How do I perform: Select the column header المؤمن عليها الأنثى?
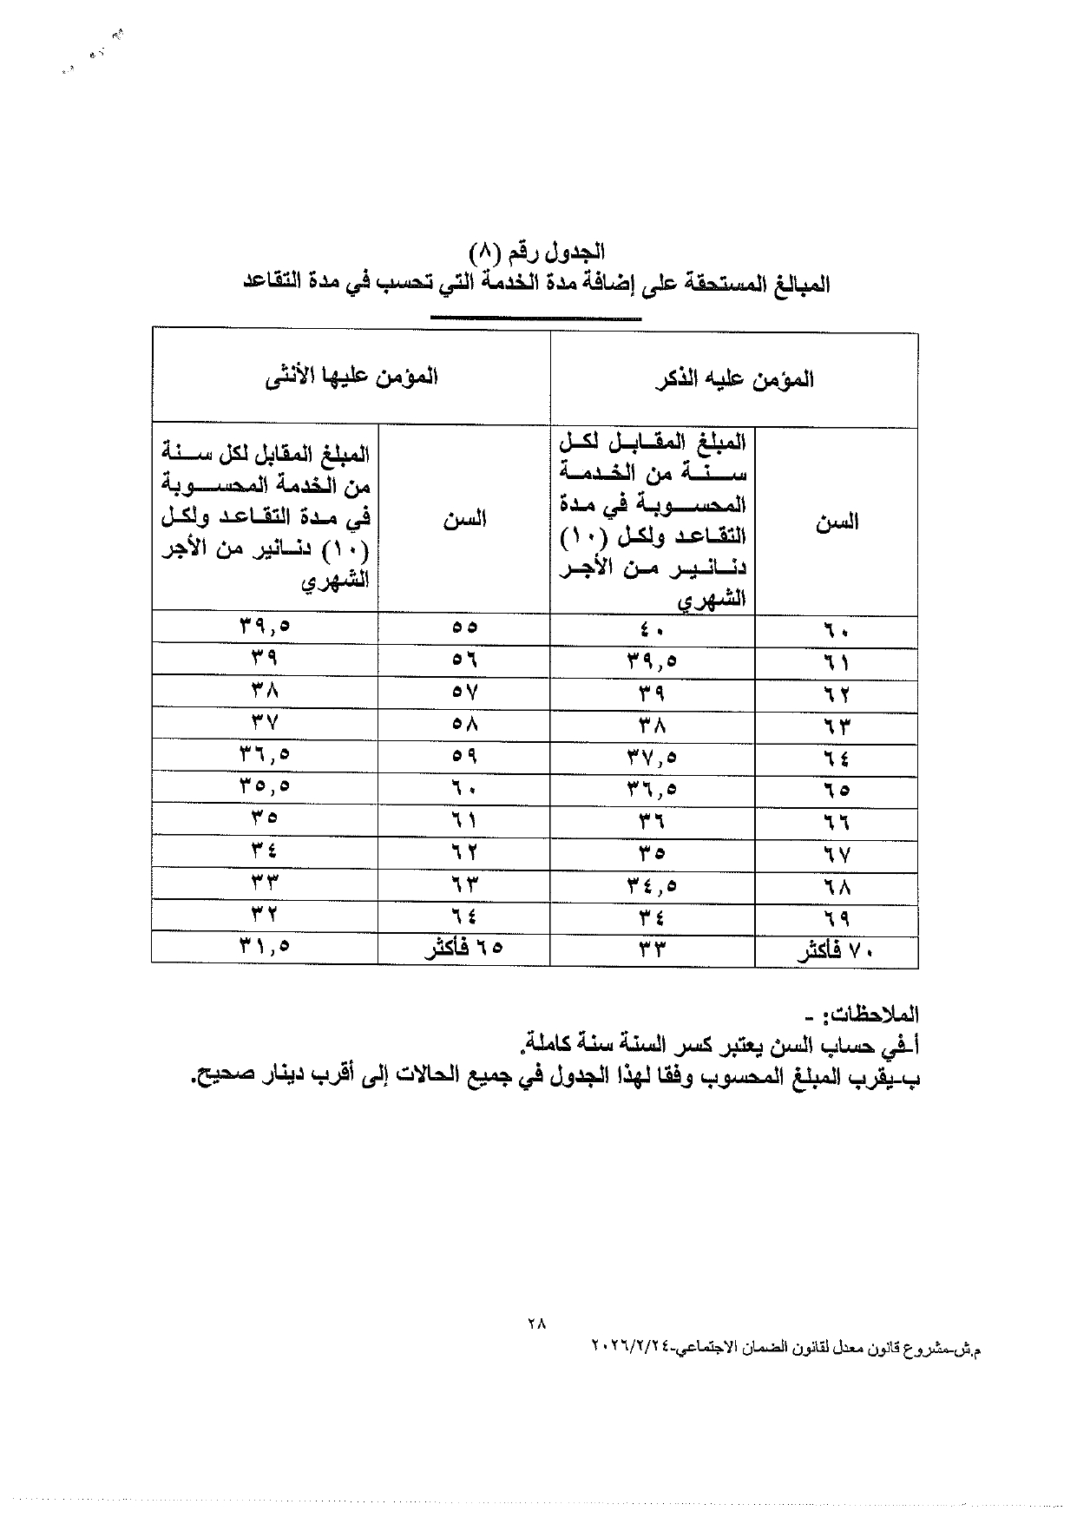coord(351,377)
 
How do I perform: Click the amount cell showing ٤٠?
coord(652,629)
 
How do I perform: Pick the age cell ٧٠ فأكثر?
coord(836,950)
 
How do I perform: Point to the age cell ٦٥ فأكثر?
coord(463,948)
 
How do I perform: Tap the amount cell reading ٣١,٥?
coord(265,946)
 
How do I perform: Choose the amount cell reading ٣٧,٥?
coord(652,758)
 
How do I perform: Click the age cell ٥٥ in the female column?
coord(464,627)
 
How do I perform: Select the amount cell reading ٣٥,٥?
coord(265,787)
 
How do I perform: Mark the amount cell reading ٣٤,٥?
coord(652,886)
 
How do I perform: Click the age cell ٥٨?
coord(464,723)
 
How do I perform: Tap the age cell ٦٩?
coord(837,918)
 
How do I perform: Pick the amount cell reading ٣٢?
coord(265,914)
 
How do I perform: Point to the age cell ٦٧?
coord(837,854)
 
